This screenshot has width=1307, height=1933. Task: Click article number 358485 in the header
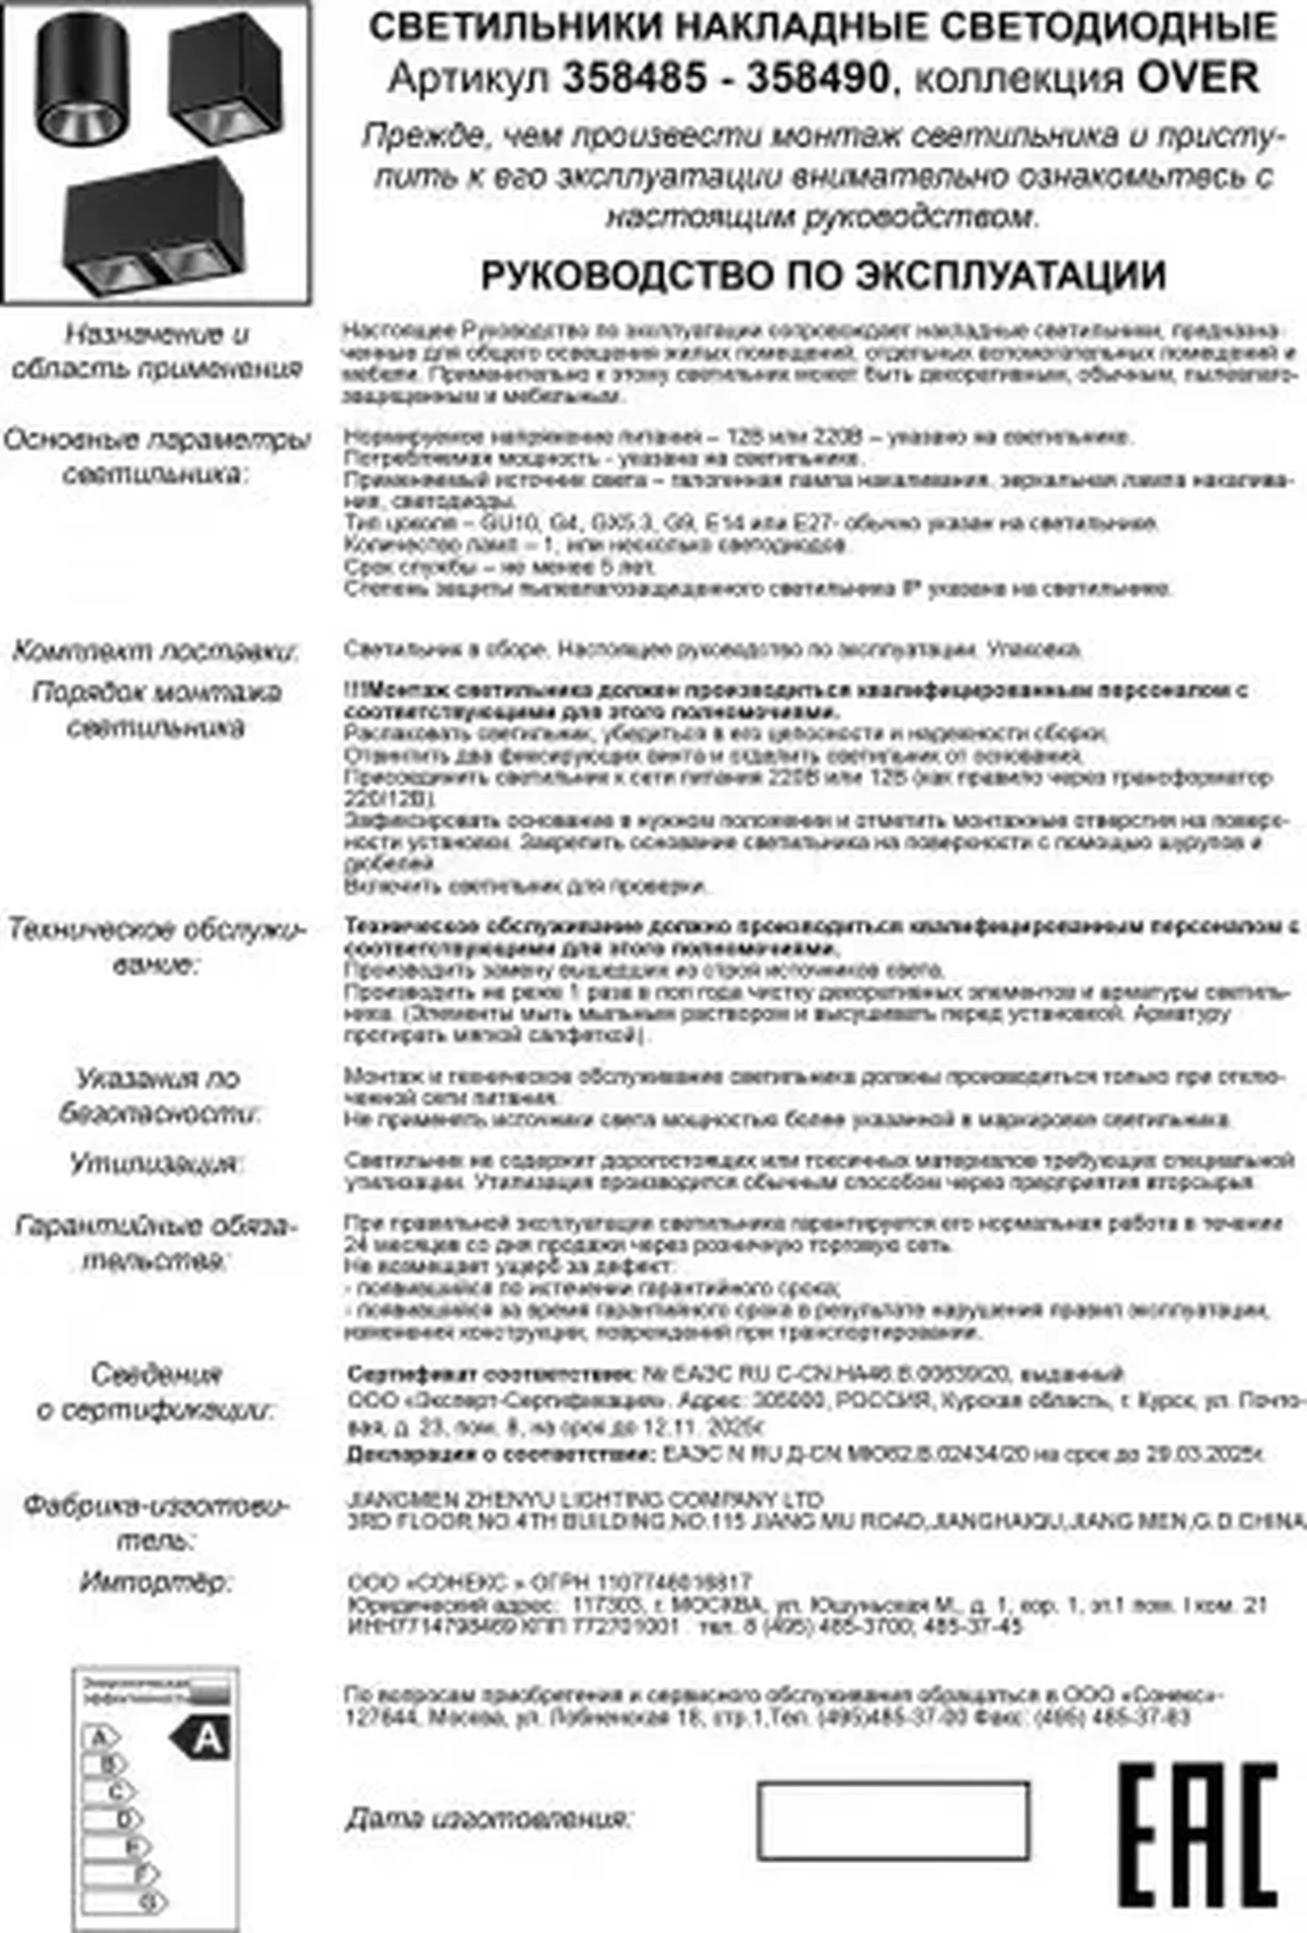[x=635, y=79]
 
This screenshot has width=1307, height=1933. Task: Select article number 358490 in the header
[x=818, y=79]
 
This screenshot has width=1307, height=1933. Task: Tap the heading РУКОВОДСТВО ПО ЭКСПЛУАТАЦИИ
[x=823, y=275]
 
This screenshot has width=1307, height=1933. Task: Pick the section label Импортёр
[x=154, y=1581]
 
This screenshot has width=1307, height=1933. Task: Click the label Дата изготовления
[x=489, y=1818]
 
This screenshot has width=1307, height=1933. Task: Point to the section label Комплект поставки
[x=156, y=651]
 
